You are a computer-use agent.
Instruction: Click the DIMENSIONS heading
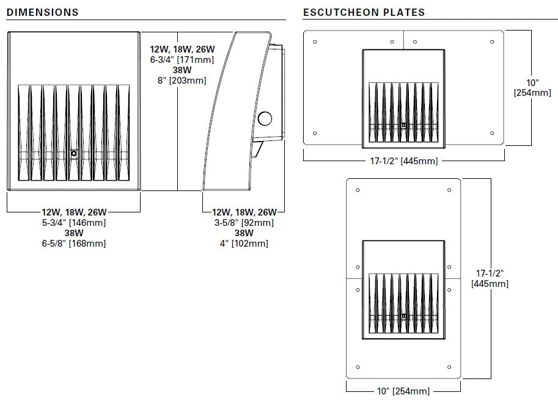point(42,12)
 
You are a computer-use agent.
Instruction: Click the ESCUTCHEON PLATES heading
point(364,12)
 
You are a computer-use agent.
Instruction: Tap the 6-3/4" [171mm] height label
point(178,60)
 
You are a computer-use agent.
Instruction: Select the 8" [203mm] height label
point(178,80)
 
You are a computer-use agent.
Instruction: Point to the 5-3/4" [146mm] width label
point(74,223)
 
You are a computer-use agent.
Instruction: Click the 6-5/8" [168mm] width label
point(74,244)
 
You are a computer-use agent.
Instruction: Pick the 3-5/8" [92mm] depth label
point(244,223)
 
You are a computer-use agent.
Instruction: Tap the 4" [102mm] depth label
point(244,244)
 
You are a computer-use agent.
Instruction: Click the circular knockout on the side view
point(266,118)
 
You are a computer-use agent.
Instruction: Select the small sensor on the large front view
point(74,154)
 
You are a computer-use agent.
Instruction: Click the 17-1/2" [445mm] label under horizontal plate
point(404,161)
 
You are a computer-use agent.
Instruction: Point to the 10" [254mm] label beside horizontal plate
point(532,88)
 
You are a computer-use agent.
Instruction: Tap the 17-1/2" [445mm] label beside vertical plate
point(489,279)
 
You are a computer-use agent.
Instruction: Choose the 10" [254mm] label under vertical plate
point(403,391)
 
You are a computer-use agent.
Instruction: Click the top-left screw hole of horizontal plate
point(315,42)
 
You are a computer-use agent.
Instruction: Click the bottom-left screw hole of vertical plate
point(358,367)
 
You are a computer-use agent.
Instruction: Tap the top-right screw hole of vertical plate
point(449,190)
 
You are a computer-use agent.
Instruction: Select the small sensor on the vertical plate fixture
point(404,316)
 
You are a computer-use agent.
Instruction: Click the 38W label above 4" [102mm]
point(244,233)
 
